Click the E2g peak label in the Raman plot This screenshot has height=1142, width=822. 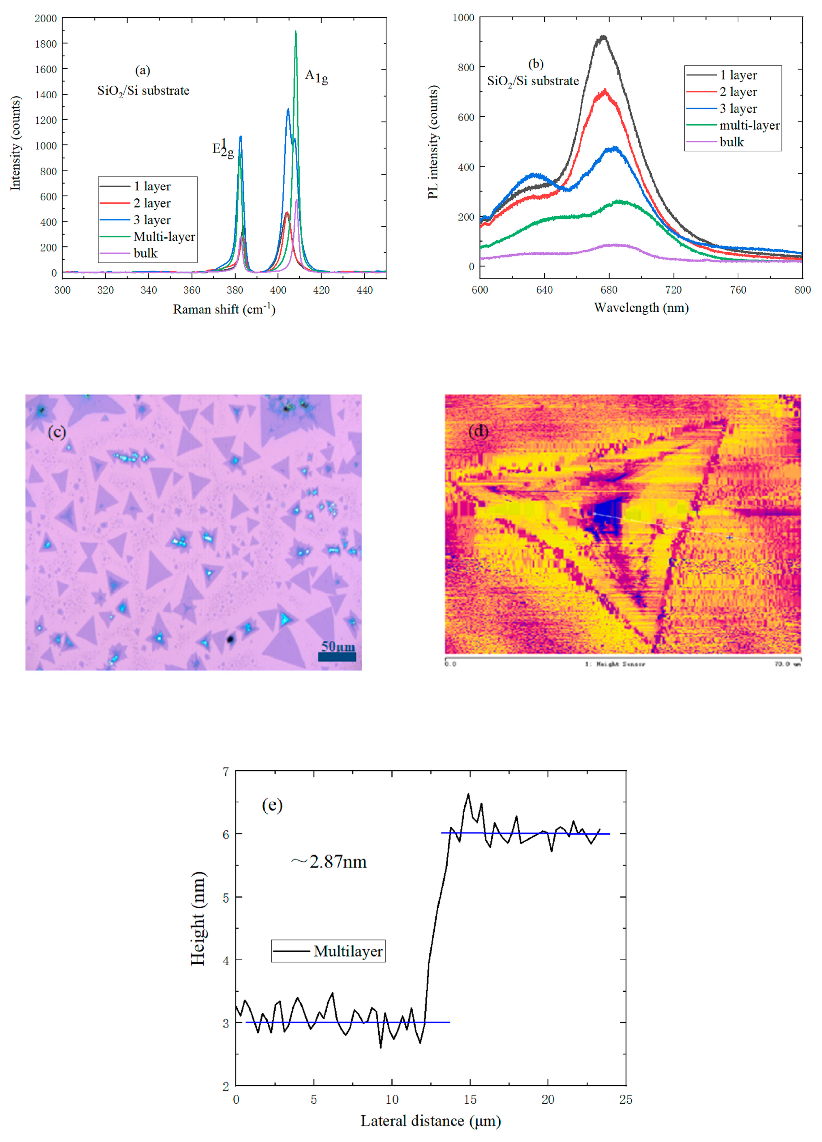[223, 149]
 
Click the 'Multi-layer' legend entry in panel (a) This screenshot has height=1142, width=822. [164, 237]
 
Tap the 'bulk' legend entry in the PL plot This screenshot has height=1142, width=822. [731, 142]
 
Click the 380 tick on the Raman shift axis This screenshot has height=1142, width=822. [235, 290]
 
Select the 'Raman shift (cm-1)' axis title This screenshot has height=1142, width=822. [224, 309]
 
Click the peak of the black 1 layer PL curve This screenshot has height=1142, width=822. [603, 37]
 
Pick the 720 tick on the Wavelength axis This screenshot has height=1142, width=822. [673, 290]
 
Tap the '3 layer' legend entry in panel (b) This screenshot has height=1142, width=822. [738, 109]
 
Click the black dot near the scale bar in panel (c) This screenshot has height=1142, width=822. [230, 639]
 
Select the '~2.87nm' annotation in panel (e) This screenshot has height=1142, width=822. [329, 861]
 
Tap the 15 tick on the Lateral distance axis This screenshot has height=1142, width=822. [470, 1099]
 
